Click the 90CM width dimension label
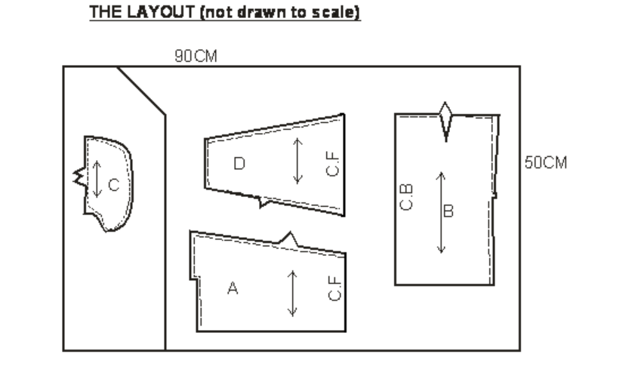[x=196, y=56]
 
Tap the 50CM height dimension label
[x=546, y=163]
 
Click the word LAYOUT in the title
[x=161, y=12]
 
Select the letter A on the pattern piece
[x=233, y=288]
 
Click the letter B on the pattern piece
[x=448, y=211]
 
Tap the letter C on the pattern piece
[x=114, y=185]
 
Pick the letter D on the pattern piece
[x=239, y=164]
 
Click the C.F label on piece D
[x=333, y=164]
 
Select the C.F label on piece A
[x=334, y=288]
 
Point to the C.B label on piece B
[x=406, y=198]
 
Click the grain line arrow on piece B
[x=441, y=213]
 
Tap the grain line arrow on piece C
[x=97, y=179]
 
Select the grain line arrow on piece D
[x=297, y=161]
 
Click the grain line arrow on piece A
[x=292, y=293]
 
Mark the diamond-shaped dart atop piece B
[x=445, y=122]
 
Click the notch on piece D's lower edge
[x=263, y=202]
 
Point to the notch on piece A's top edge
[x=289, y=239]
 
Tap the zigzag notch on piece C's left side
[x=80, y=177]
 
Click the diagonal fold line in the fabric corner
[x=141, y=91]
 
